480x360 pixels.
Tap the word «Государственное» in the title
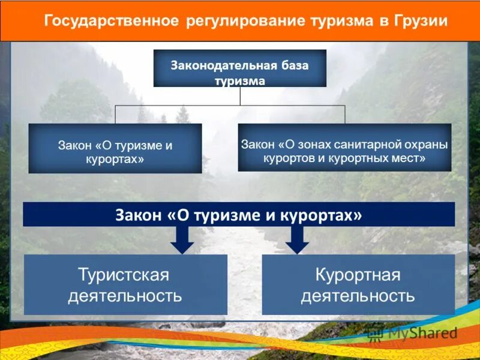pos(111,22)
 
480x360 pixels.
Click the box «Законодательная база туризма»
pos(240,68)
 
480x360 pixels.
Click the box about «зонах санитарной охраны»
pos(344,148)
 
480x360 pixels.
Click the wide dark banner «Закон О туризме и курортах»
pos(239,214)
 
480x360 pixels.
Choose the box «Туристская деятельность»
pos(125,284)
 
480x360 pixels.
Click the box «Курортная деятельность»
pos(358,284)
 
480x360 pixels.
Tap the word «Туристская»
pos(124,275)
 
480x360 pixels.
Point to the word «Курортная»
pos(358,275)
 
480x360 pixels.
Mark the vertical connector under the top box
pos(240,96)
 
